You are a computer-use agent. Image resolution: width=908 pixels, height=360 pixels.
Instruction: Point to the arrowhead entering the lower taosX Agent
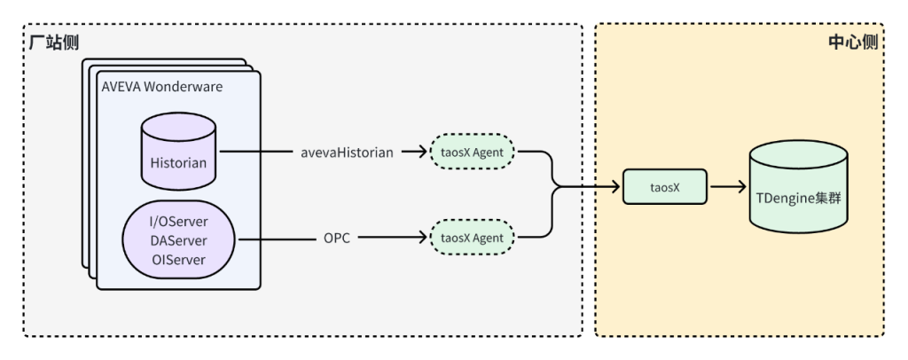(x=422, y=238)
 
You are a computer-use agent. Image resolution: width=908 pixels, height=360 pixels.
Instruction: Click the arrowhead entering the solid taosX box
(x=614, y=187)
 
